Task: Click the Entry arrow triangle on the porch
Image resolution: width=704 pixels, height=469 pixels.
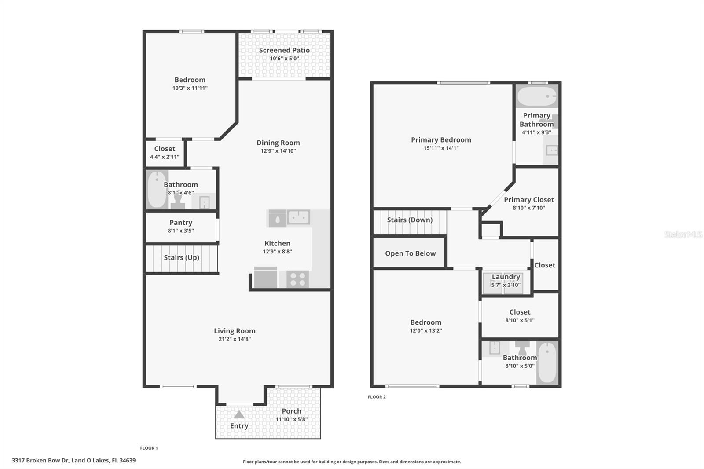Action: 239,414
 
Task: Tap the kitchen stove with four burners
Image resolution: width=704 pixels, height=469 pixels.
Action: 297,279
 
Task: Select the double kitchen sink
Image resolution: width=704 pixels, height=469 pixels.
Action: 299,217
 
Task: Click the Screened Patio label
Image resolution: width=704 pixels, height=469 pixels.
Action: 284,50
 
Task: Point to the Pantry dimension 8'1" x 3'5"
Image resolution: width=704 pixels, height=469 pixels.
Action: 180,231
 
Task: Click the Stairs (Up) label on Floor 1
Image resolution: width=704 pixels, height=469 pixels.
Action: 181,257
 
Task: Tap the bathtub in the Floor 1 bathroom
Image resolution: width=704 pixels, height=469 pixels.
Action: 157,190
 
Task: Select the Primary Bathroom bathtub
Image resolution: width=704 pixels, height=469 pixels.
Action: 536,95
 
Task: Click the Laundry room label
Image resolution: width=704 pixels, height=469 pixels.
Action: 506,277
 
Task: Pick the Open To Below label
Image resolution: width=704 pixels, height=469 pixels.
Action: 410,253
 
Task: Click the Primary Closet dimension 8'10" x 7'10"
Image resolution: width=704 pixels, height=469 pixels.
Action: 528,208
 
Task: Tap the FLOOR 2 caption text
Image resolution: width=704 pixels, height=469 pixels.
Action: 377,397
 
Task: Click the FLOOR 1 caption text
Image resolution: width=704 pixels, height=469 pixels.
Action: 149,448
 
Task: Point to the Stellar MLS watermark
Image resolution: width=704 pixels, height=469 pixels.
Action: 683,234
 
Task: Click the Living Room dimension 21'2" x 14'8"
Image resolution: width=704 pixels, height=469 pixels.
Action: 235,339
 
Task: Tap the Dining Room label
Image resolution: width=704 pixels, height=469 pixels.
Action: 278,143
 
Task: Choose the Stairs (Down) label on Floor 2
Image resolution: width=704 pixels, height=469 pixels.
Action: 410,220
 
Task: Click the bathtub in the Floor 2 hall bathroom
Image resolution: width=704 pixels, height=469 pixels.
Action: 547,363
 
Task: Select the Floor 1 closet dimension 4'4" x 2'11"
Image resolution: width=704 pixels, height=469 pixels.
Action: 165,157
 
